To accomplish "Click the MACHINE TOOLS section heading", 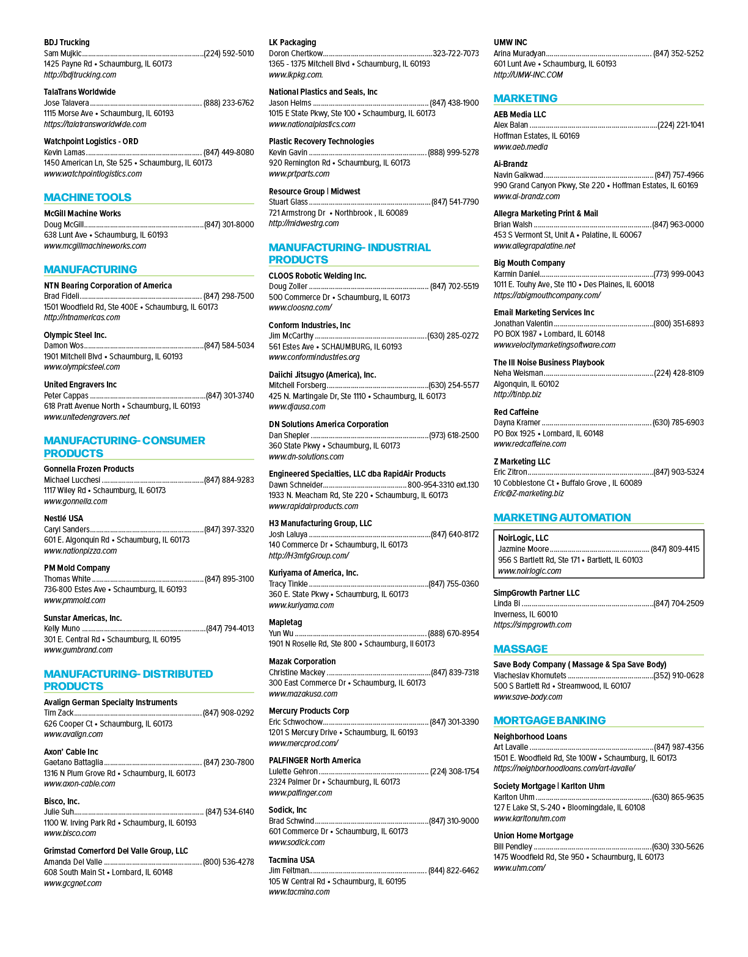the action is click(x=87, y=197).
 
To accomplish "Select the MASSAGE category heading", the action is click(x=521, y=649).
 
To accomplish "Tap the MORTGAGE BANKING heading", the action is click(x=549, y=721).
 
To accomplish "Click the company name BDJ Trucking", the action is click(x=67, y=42).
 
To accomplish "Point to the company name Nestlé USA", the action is click(x=64, y=518).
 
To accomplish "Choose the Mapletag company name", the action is click(x=285, y=622).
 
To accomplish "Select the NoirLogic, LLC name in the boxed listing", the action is click(x=523, y=538).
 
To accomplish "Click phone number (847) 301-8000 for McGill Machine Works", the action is click(x=229, y=224).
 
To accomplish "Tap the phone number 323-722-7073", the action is click(x=456, y=53).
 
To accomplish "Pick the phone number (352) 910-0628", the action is click(x=678, y=675).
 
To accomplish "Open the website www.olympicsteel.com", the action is click(x=82, y=367).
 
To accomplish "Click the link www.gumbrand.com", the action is click(x=78, y=650).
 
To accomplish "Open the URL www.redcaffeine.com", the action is click(x=530, y=444).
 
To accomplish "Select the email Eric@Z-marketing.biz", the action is click(x=529, y=493).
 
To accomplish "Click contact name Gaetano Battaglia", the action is click(x=73, y=762).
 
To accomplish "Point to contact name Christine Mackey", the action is click(x=297, y=672).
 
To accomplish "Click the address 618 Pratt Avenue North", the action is click(x=82, y=406).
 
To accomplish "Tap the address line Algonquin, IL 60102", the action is click(x=526, y=384).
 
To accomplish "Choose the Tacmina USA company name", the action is click(x=291, y=860).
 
